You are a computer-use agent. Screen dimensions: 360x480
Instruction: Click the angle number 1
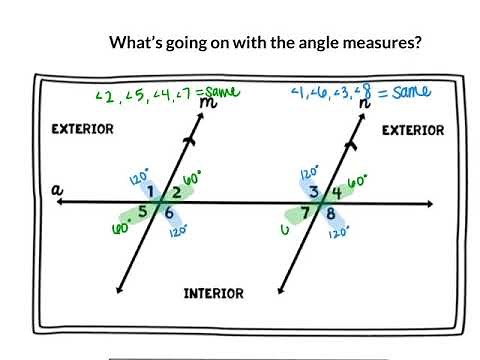point(150,192)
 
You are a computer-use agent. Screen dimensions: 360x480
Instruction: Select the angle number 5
point(143,211)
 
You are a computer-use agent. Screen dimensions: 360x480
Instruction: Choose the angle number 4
point(336,192)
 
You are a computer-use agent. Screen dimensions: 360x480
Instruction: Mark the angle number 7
point(307,213)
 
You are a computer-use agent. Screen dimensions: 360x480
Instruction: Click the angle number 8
point(330,213)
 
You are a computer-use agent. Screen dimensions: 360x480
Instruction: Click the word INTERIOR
point(213,293)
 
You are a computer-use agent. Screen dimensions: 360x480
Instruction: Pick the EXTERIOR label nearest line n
point(413,130)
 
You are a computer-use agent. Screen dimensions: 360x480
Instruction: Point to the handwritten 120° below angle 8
point(338,231)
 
